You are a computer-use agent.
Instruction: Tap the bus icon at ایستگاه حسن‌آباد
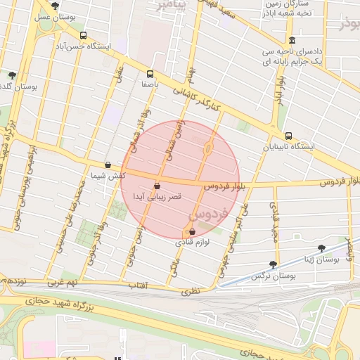84,35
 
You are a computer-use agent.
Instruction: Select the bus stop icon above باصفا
149,74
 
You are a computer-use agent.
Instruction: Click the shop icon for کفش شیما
107,165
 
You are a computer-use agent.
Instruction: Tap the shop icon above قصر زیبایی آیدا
156,186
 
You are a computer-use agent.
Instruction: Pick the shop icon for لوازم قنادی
192,231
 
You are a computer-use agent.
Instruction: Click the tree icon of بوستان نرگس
273,265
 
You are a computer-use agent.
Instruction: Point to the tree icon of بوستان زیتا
322,248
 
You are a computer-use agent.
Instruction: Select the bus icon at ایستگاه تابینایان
288,136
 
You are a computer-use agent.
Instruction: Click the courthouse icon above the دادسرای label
292,41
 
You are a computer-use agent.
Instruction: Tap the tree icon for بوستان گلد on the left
12,75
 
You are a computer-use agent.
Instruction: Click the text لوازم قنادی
192,242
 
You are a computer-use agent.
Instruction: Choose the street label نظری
191,290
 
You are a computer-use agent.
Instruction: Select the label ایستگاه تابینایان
288,148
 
